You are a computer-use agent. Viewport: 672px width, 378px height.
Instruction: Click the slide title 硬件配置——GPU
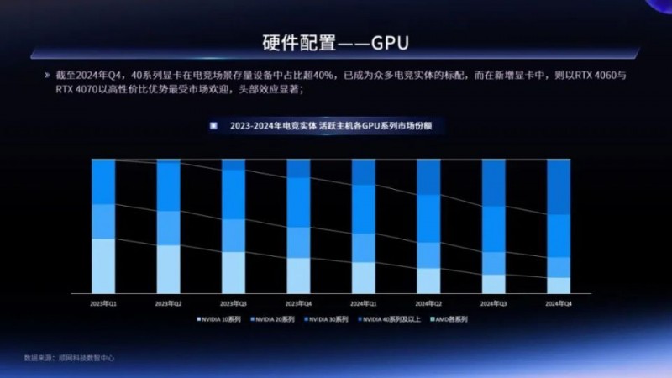(336, 41)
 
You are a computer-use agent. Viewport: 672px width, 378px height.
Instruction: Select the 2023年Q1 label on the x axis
(103, 302)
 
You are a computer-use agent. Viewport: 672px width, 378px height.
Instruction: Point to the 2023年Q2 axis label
(168, 302)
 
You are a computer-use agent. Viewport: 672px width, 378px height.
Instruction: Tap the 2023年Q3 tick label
(233, 302)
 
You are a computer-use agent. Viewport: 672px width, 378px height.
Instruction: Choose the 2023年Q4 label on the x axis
(298, 302)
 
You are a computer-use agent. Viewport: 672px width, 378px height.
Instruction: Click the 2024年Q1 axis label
(363, 302)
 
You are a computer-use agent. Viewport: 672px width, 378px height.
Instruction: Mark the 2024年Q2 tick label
(428, 302)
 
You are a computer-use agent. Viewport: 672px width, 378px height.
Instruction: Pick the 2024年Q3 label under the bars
(493, 302)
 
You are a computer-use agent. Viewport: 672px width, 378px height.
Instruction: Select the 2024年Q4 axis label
(559, 302)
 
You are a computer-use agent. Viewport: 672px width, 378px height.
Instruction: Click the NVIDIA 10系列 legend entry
(220, 319)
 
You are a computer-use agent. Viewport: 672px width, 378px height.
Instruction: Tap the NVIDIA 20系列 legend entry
(274, 319)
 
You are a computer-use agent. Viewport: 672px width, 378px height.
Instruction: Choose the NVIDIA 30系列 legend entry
(328, 319)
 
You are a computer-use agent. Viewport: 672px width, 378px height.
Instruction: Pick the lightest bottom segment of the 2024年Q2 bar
(428, 281)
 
